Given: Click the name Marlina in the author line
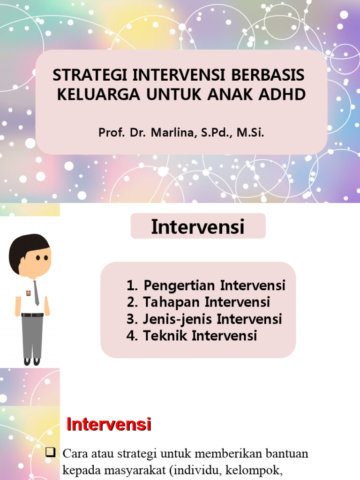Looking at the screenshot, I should click(x=173, y=133).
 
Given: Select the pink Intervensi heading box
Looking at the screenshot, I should click(x=198, y=227).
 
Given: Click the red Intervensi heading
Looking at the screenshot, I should click(x=109, y=425).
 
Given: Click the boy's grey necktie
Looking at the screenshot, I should click(x=36, y=293).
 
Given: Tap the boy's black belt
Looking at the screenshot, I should click(x=32, y=315).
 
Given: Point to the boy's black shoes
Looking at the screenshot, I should click(x=32, y=361).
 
